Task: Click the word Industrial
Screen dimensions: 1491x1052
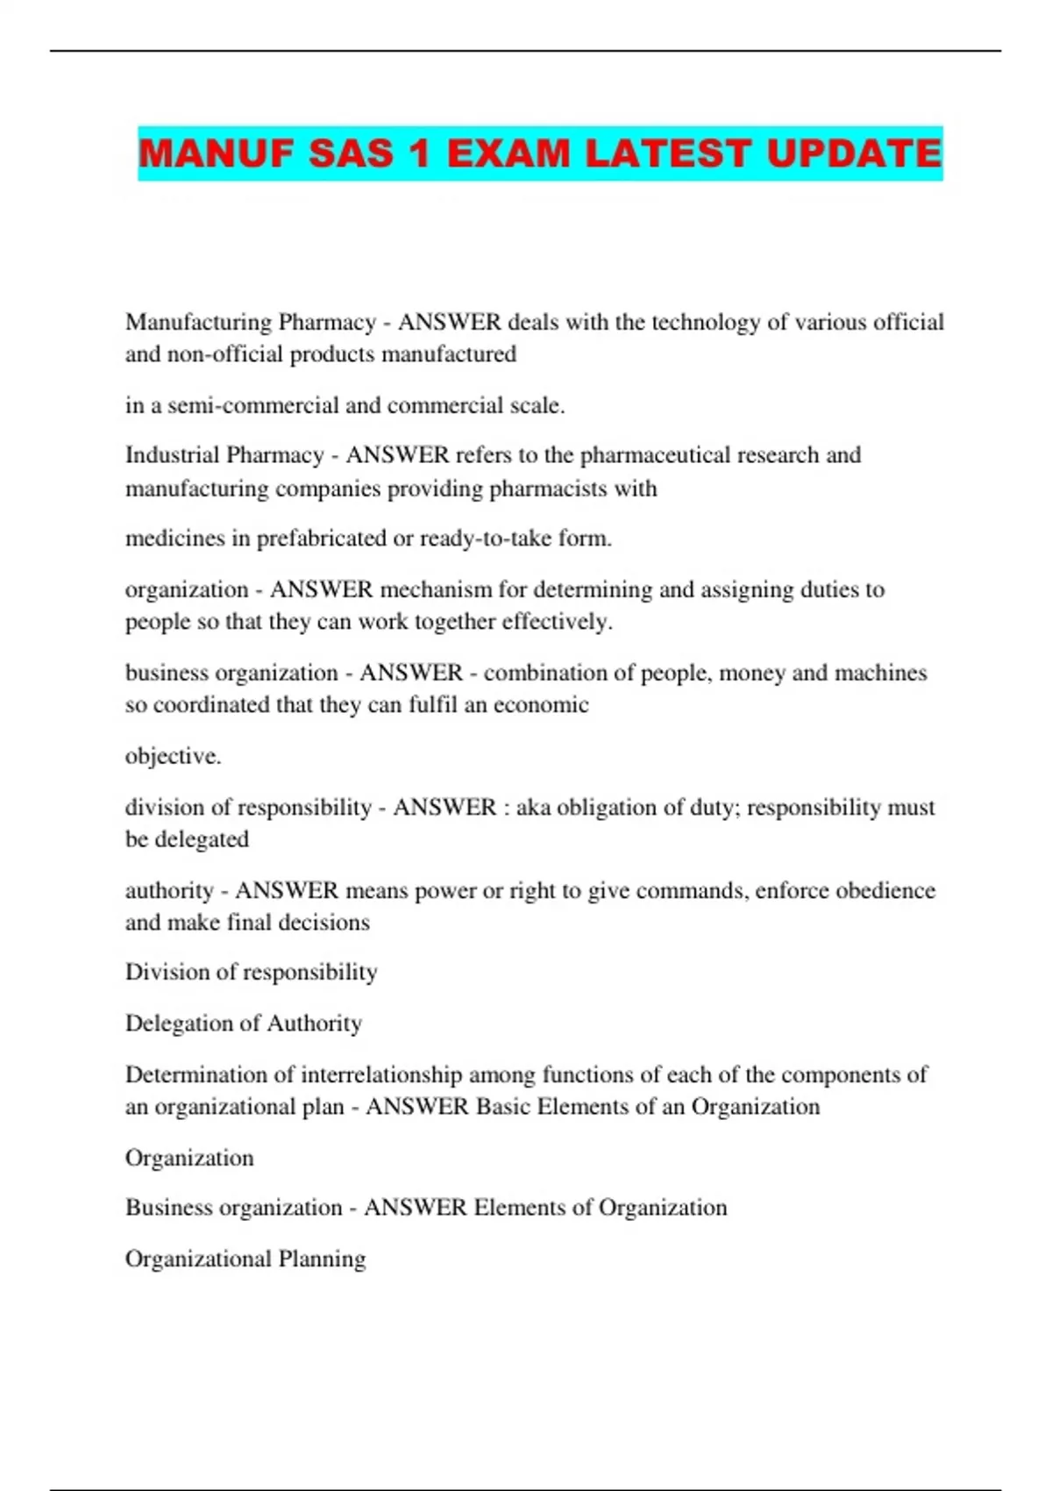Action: [175, 455]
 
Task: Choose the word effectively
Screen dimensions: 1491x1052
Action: [557, 622]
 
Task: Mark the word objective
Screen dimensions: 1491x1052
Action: [173, 756]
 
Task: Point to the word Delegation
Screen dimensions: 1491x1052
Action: [181, 1024]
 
